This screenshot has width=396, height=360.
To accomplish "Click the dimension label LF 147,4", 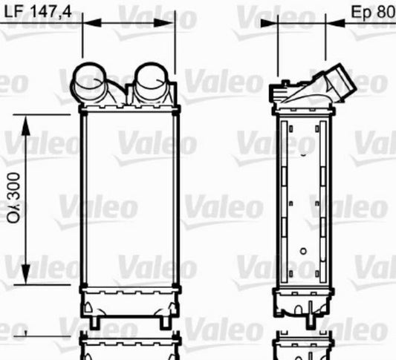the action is point(38,11).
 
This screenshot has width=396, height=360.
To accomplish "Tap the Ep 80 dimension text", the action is point(374,12).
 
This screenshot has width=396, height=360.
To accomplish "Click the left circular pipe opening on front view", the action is point(89,76).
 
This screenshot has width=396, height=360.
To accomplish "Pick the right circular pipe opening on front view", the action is point(152,75).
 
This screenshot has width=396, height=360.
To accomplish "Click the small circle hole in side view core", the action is point(303,252).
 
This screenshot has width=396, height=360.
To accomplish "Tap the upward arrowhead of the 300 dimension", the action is point(26,125).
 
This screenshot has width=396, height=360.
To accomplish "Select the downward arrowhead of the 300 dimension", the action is point(26,274).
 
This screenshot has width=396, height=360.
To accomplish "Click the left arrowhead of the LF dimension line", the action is point(92,23).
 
